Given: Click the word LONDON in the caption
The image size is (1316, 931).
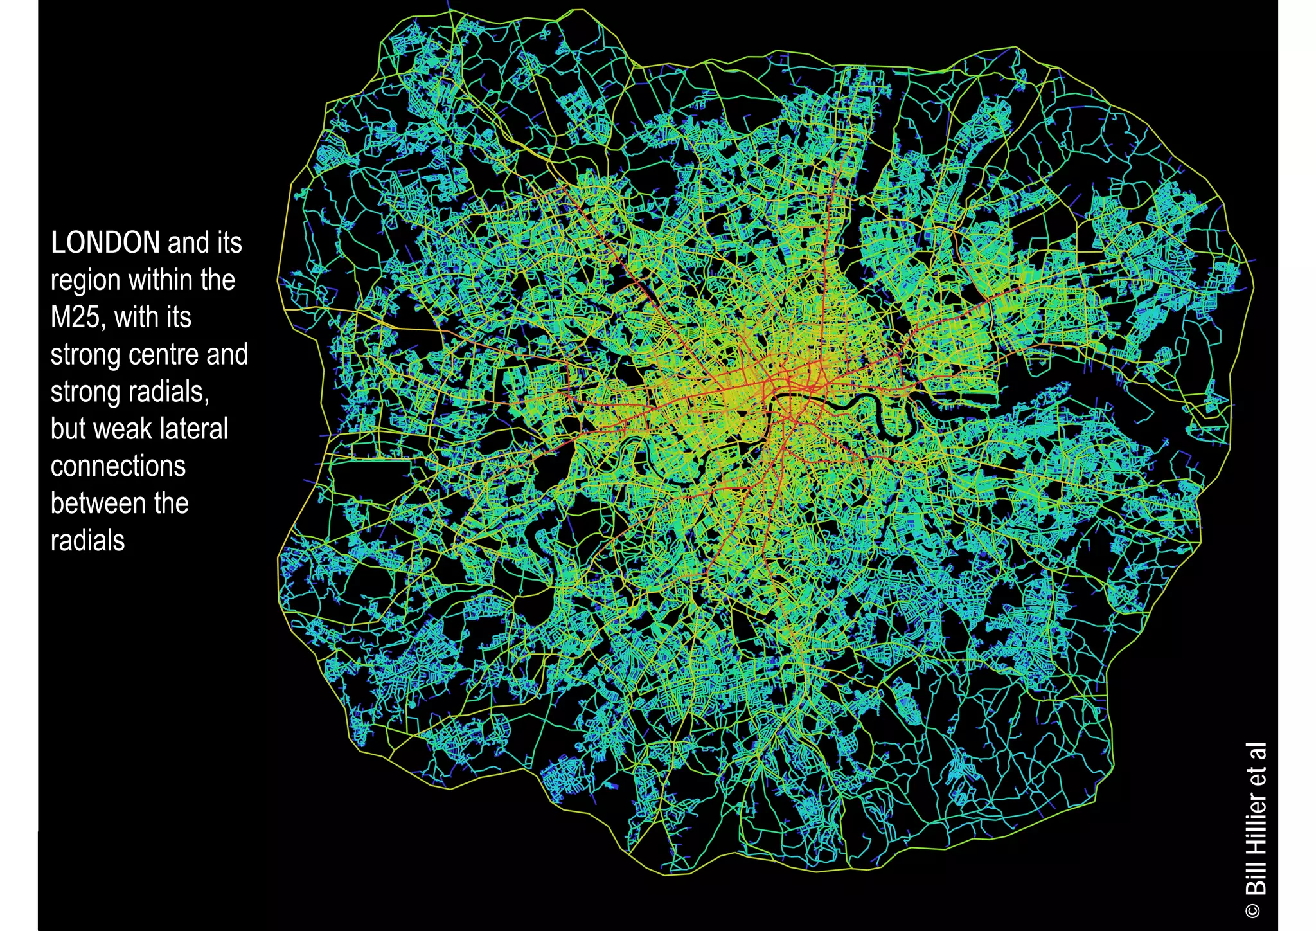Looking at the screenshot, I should [x=105, y=243].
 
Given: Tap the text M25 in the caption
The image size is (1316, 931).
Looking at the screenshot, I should [x=75, y=318].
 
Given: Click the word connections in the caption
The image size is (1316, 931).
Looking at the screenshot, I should [x=118, y=467].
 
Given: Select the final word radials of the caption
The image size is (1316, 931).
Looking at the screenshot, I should [x=87, y=541].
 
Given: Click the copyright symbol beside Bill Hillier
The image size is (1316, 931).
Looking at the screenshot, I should [x=1254, y=910].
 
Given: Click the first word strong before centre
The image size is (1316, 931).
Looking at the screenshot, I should [x=85, y=355].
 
